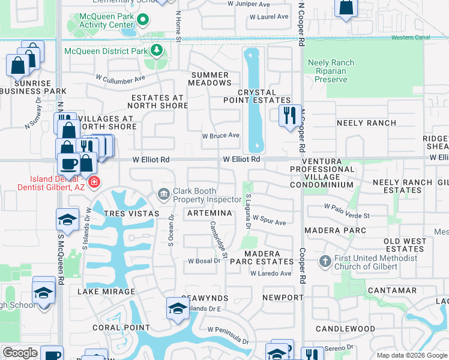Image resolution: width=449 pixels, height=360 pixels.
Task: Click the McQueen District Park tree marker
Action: pos(157,50)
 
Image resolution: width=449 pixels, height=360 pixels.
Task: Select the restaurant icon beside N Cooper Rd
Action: pos(289,115)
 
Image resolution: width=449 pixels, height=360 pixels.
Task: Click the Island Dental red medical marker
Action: pos(93,182)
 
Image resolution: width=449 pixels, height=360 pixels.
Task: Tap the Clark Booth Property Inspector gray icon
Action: pos(163,194)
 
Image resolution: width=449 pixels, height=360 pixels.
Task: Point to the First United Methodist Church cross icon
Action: pos(325,261)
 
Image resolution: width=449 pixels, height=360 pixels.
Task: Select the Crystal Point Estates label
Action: pos(265,97)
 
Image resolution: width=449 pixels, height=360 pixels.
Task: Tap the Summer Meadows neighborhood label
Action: pos(209,79)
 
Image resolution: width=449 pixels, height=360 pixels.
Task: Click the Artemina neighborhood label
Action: pos(209,214)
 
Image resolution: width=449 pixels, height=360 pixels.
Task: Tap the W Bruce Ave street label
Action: pos(220,136)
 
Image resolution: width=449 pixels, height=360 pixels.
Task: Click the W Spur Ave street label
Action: pos(269,221)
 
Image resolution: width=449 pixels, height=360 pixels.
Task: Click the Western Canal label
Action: pos(411,37)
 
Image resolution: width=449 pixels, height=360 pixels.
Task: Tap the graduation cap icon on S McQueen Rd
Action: pos(67,220)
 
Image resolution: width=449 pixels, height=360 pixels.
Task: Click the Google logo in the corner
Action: pos(20,353)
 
